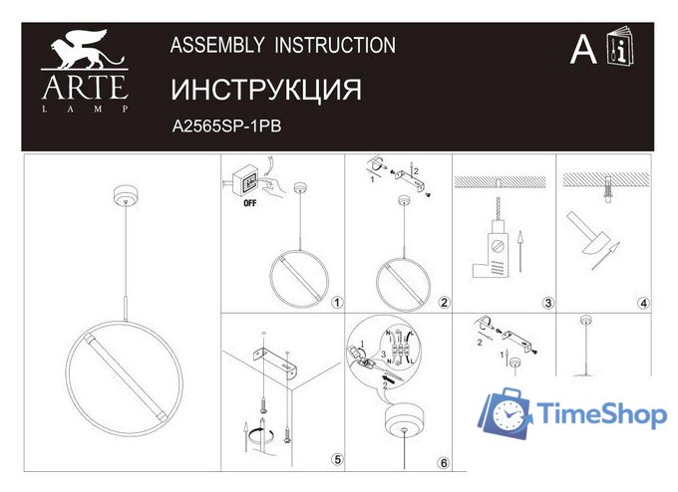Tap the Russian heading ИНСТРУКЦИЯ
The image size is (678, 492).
(265, 89)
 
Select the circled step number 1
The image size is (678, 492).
(336, 302)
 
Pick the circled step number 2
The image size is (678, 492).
(444, 302)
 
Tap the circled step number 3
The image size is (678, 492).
(547, 302)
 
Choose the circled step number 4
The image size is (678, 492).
(644, 302)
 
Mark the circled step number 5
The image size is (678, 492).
(336, 459)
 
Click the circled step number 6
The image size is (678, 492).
(443, 462)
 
